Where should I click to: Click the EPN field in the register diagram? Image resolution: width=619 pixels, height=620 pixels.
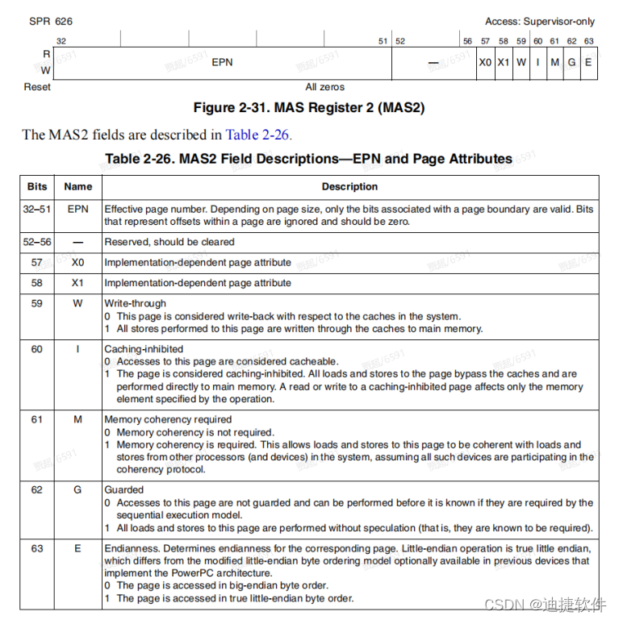coord(222,62)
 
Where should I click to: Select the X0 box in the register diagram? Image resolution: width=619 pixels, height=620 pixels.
coord(485,62)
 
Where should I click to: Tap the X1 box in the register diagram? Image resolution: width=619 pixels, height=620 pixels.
coord(504,62)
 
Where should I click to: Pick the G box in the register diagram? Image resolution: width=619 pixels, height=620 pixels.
coord(571,62)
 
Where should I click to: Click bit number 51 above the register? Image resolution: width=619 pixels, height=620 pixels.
coord(383,40)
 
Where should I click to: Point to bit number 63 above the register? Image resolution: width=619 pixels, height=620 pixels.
coord(588,40)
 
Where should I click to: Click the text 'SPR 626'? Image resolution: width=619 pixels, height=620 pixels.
coord(44,21)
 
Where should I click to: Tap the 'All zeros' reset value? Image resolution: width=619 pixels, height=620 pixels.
coord(324,86)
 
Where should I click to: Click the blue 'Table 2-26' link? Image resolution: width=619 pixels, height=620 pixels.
coord(257,135)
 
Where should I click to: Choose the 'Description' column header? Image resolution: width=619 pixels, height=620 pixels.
coord(349,186)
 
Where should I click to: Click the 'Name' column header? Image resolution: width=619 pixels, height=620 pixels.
coord(78,186)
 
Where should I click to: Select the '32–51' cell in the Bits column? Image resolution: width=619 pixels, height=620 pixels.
coord(37,209)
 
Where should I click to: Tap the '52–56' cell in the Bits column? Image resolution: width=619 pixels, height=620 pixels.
coord(37,242)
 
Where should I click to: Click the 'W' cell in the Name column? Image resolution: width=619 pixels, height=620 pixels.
coord(78,304)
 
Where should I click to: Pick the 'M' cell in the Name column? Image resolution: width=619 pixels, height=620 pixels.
coord(78,420)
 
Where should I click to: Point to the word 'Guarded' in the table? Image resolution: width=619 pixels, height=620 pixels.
coord(124,489)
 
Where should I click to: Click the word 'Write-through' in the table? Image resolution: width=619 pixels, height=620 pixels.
coord(135,304)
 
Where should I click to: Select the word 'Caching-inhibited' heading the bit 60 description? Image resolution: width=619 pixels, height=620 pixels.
coord(144,350)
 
